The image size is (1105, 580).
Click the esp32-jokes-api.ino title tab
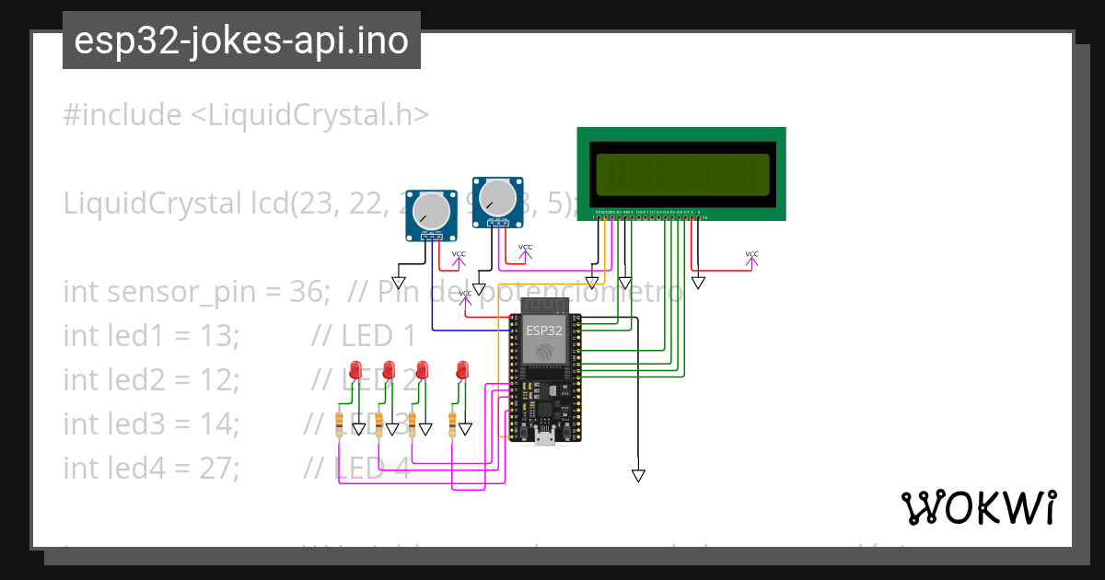241,41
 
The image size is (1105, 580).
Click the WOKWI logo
978,507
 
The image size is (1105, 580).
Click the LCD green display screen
681,175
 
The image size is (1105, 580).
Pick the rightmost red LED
462,370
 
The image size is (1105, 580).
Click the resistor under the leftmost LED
340,424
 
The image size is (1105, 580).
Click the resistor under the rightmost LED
452,424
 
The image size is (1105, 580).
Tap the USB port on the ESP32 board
544,437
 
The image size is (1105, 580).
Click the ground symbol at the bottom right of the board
637,475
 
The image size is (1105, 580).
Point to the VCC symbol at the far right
751,259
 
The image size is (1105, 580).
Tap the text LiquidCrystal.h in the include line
313,115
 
